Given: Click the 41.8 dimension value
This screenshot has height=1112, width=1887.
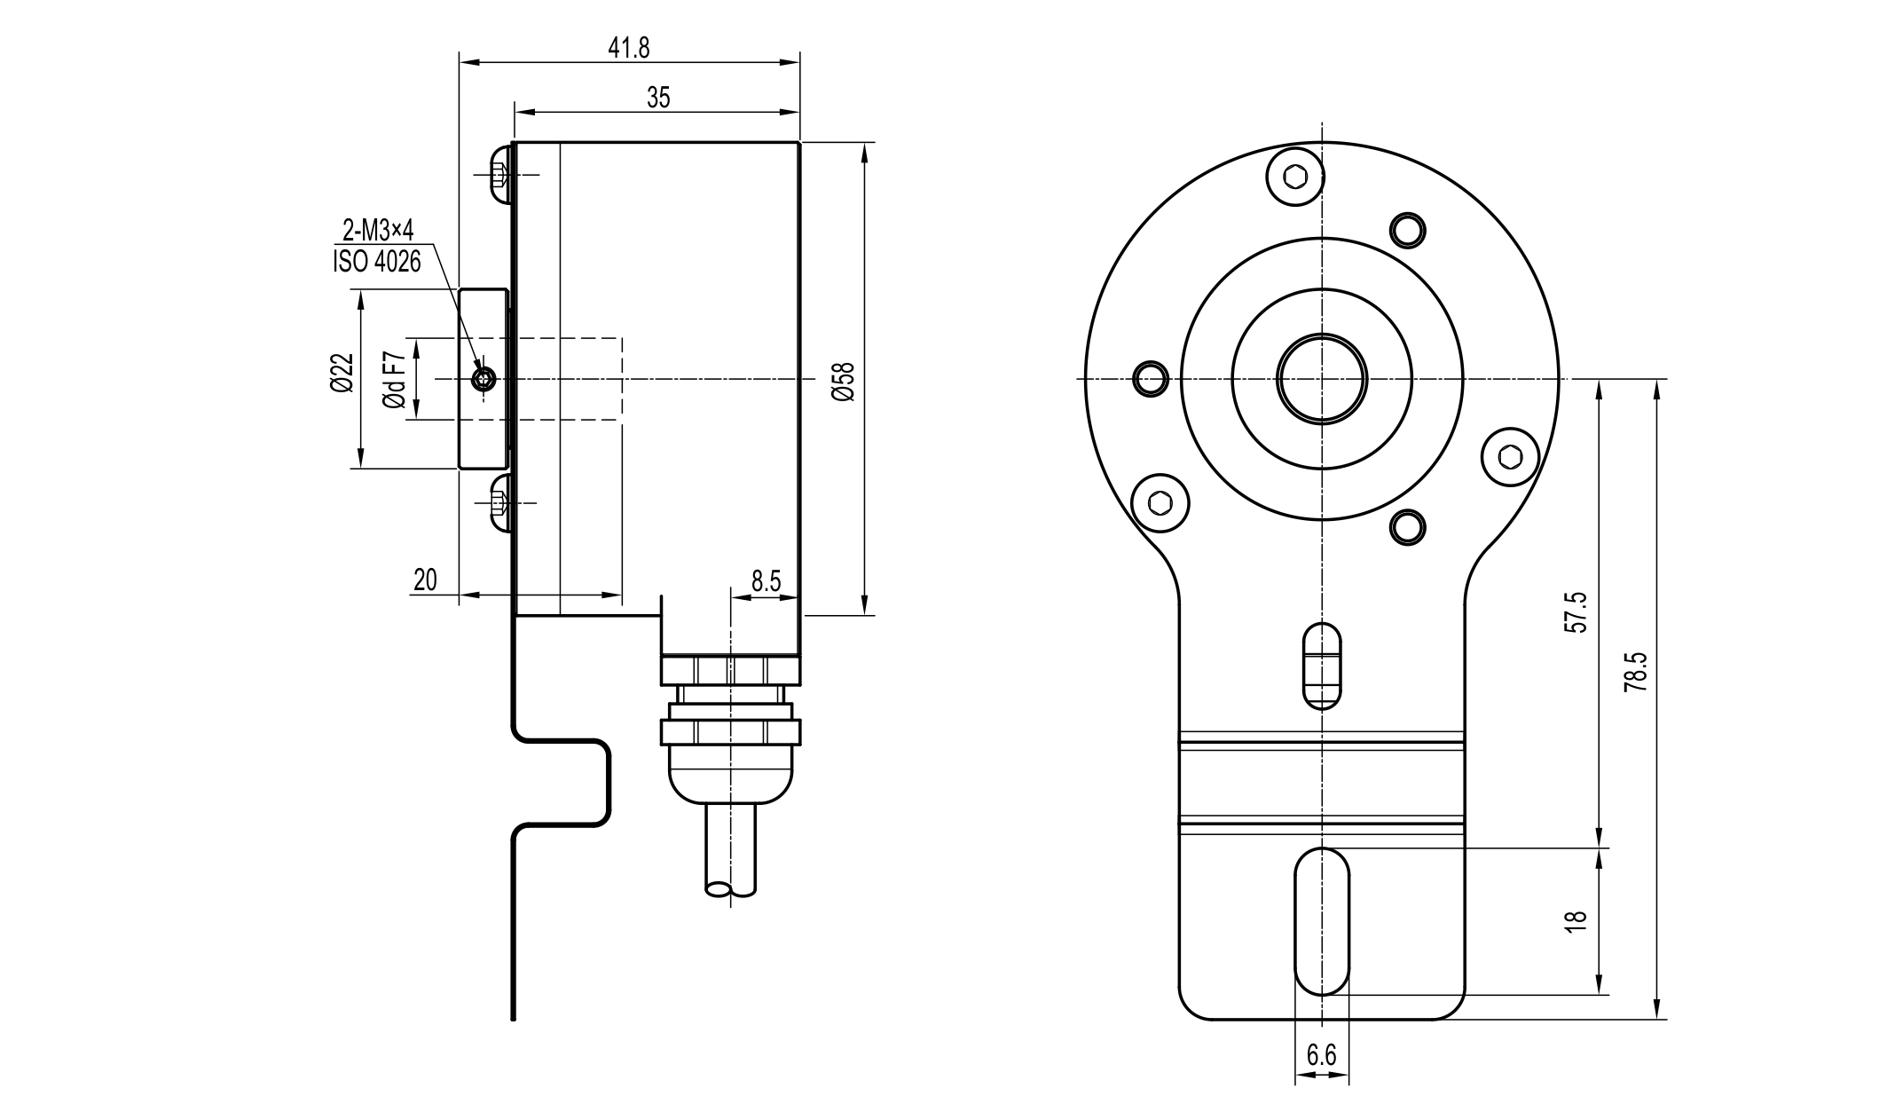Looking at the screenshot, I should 628,48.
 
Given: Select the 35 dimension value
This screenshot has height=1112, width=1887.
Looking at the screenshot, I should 657,98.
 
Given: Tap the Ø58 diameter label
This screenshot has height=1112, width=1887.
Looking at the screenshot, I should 843,382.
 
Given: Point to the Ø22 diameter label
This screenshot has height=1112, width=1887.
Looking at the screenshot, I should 342,373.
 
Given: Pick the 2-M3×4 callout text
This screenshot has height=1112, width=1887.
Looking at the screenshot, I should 378,232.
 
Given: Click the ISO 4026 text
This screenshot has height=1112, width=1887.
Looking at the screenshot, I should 376,262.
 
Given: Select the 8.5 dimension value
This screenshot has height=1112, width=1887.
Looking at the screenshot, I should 766,581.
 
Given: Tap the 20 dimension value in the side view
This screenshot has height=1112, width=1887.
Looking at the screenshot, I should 425,580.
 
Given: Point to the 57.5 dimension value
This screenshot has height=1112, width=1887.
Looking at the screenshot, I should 1575,612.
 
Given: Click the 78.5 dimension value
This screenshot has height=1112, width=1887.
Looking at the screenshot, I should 1637,673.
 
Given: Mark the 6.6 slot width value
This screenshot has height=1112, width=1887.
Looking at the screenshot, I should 1321,1055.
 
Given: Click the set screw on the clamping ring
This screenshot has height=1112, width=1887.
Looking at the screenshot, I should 484,381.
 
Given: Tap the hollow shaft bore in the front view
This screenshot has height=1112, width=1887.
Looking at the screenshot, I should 1321,379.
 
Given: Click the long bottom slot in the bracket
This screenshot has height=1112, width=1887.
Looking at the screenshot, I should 1321,921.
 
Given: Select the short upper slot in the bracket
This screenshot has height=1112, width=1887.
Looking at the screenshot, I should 1321,666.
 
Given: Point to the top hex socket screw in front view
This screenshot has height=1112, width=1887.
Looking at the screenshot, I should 1296,177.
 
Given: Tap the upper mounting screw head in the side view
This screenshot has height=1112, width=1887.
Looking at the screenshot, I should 499,174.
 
